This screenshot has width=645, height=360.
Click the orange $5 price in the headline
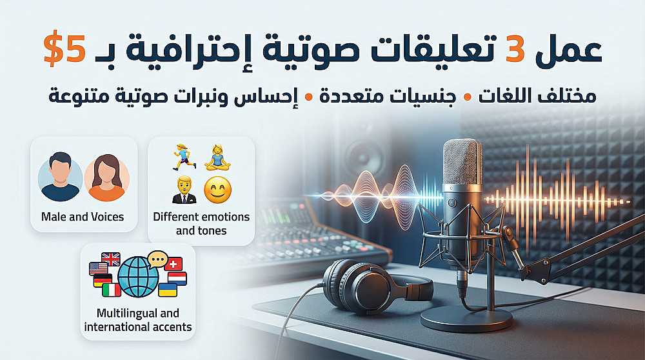coord(64,50)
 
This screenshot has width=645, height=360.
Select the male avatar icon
coord(60,177)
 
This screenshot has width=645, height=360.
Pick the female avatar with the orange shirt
coord(106,177)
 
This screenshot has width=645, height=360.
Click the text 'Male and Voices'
coord(83,217)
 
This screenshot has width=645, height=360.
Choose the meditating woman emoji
coord(217,157)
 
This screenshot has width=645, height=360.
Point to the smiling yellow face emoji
coord(217,190)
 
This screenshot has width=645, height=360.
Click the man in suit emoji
coord(184,190)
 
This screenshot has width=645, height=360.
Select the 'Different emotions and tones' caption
coord(201,223)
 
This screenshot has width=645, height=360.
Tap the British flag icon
coord(111,259)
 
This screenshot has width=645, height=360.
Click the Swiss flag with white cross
coord(174,264)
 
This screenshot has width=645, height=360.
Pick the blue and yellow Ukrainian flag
coord(168,290)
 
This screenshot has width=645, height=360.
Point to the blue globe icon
coord(138,277)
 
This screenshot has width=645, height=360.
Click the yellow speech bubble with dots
coord(157,259)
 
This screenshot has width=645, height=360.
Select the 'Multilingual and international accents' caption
coord(138,320)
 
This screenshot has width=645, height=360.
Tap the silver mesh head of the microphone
coord(462,163)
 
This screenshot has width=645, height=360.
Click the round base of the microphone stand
coord(466,318)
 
